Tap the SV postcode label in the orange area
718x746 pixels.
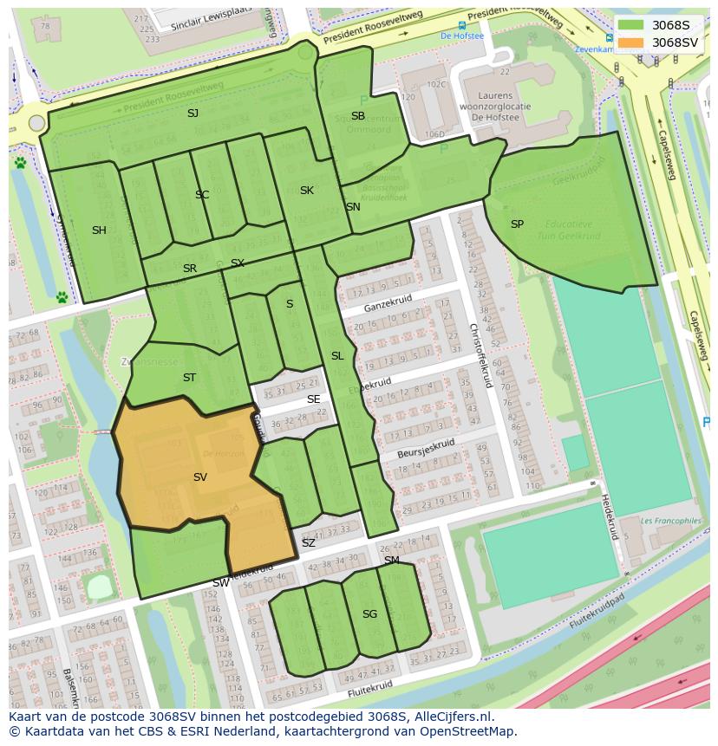(x=200, y=477)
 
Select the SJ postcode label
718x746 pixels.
(x=193, y=114)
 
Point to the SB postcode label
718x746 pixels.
(x=358, y=116)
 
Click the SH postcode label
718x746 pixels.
(x=99, y=230)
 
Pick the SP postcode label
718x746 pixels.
(x=517, y=224)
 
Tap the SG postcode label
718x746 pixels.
(x=369, y=614)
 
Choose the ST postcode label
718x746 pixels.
(x=189, y=378)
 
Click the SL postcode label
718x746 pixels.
(x=337, y=356)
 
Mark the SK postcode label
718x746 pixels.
(x=307, y=191)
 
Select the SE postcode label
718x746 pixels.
(x=313, y=399)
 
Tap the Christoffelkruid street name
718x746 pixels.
(x=480, y=355)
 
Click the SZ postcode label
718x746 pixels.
(x=309, y=543)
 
